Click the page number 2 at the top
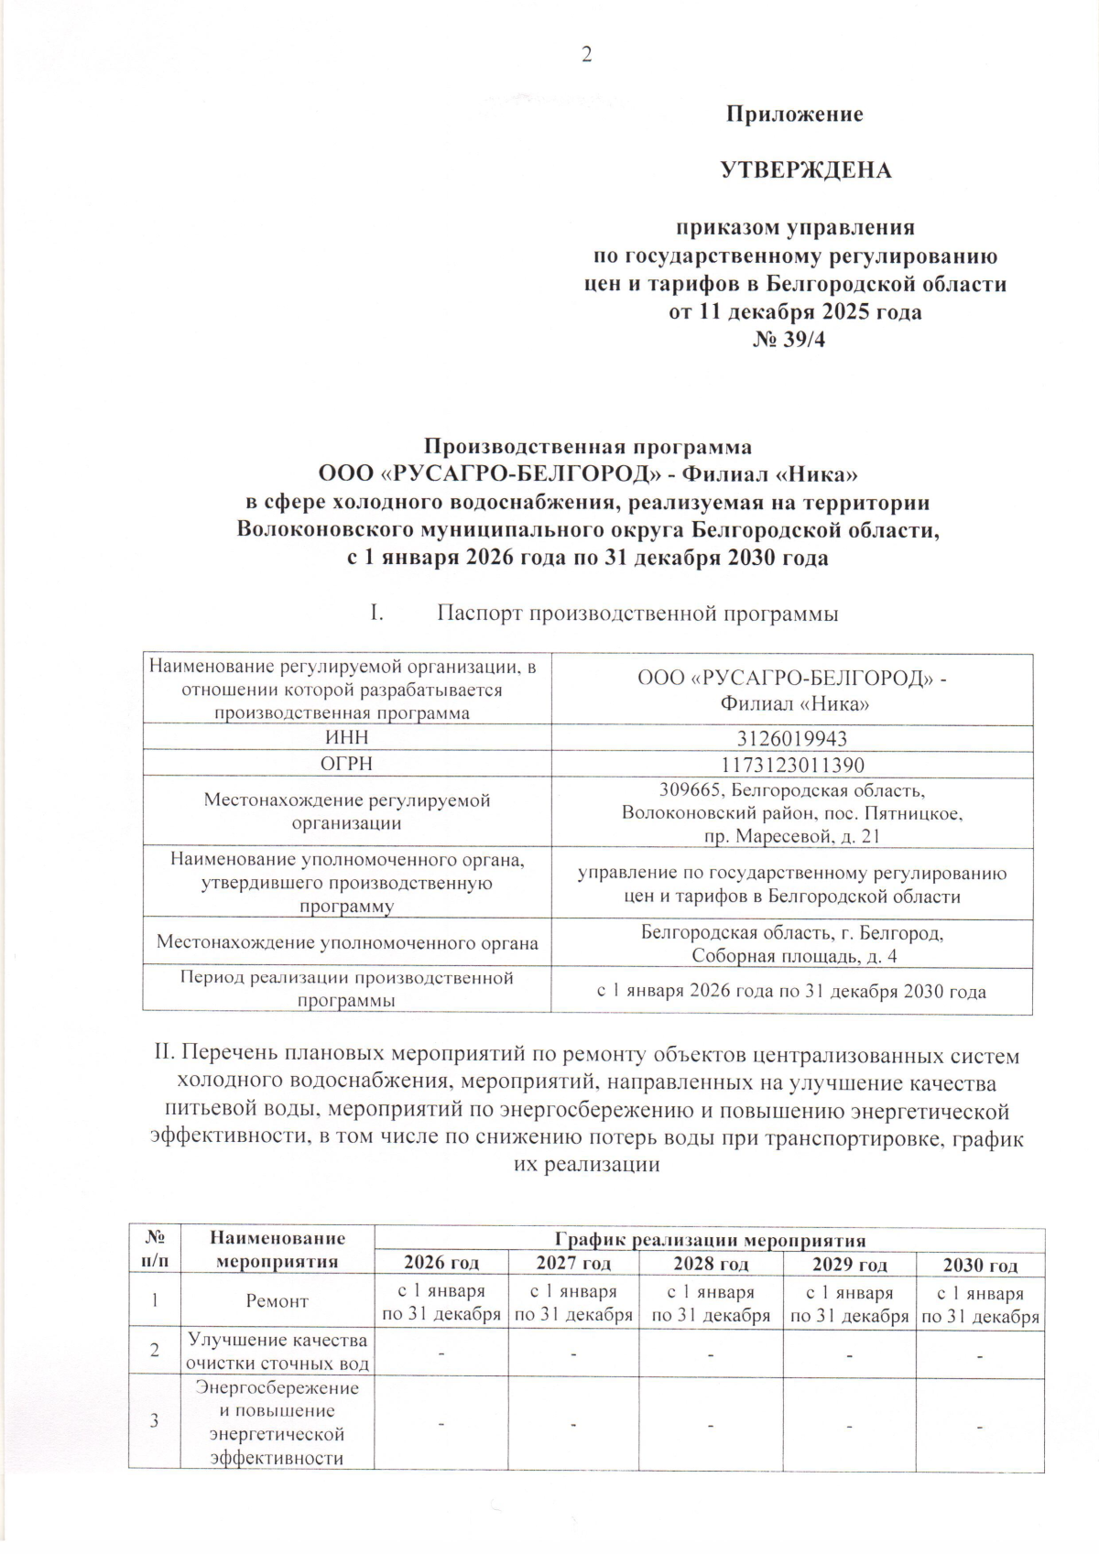coord(587,55)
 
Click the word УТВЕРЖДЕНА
coord(806,170)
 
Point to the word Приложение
coord(795,114)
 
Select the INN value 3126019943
coord(791,739)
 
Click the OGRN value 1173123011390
coord(791,765)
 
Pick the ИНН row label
coord(346,738)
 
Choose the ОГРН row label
coord(346,764)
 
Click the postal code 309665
coord(687,789)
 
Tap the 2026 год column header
coord(441,1265)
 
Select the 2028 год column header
coord(711,1265)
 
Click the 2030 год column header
coord(980,1266)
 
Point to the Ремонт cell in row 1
coord(277,1301)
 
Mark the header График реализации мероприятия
coord(710,1241)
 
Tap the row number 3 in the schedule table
coord(154,1420)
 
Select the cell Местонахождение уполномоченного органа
coord(347,942)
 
